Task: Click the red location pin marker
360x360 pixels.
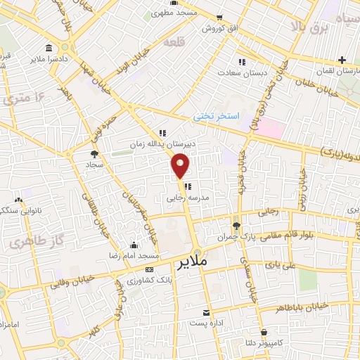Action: pyautogui.click(x=181, y=165)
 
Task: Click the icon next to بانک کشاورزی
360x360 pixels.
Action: pyautogui.click(x=148, y=270)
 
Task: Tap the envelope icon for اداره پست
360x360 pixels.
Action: pyautogui.click(x=206, y=312)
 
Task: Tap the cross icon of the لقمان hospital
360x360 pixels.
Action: pyautogui.click(x=342, y=60)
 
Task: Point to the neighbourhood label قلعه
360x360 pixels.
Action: pyautogui.click(x=173, y=43)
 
